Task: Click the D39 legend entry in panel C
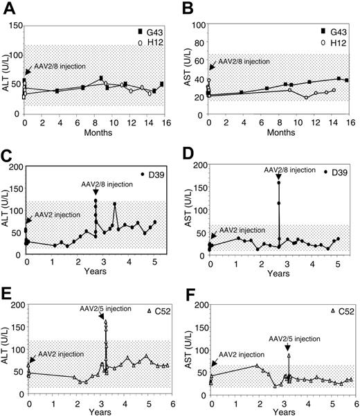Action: (x=152, y=172)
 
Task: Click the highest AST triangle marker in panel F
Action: (x=289, y=355)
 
